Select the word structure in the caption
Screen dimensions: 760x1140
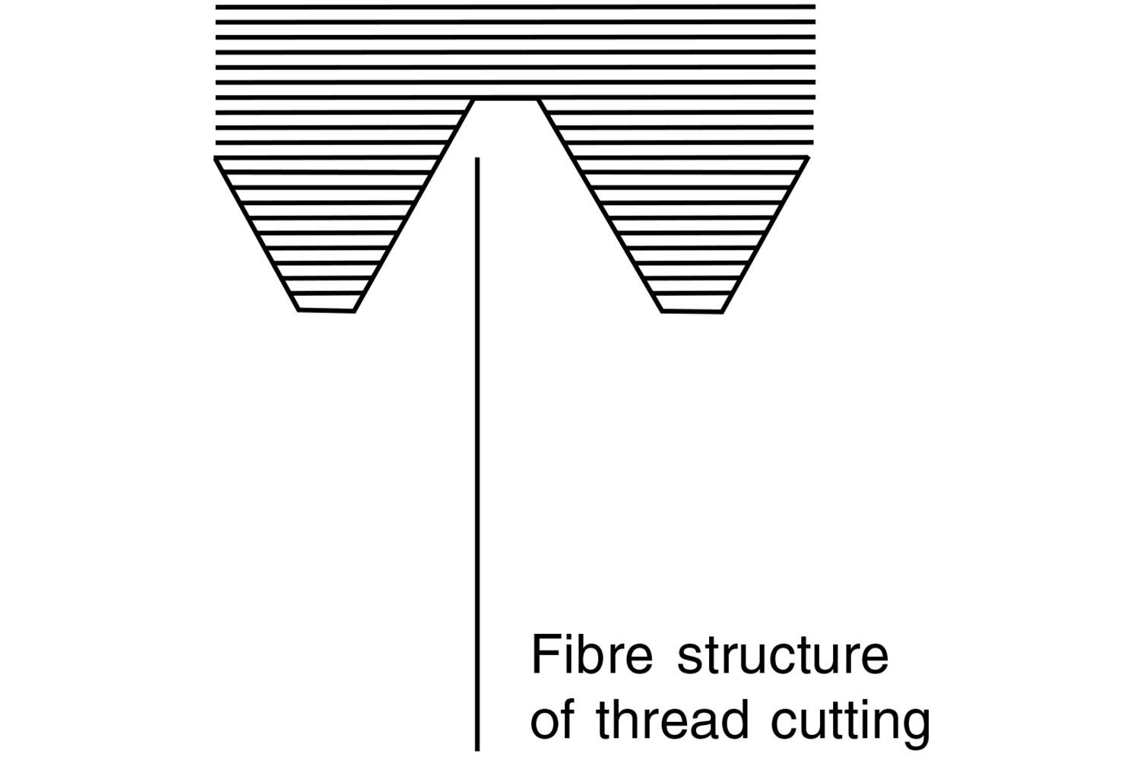pos(783,657)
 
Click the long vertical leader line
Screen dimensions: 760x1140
pos(477,456)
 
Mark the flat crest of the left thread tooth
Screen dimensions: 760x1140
pos(326,310)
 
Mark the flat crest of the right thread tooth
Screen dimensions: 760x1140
pos(692,311)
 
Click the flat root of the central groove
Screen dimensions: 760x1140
pos(507,100)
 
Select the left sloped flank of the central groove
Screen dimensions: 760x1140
pos(414,205)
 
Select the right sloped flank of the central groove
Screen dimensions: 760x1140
pos(600,205)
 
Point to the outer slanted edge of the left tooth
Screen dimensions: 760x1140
pos(256,234)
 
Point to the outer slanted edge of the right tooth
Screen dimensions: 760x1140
pos(765,234)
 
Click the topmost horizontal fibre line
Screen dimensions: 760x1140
pos(515,7)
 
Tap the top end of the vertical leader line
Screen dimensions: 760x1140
pos(477,159)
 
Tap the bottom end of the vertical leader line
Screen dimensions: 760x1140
pos(477,749)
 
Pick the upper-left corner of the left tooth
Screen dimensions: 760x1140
pos(216,158)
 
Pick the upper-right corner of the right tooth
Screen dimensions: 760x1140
pos(808,158)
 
